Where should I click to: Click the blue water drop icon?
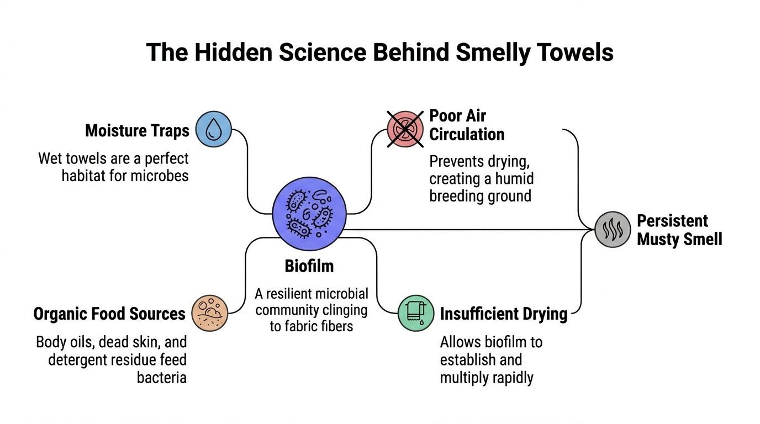pos(214,129)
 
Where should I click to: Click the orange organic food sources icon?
pos(210,313)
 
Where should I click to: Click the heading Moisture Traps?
pos(137,131)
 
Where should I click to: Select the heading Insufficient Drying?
pos(504,314)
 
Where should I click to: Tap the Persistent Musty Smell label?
pos(679,230)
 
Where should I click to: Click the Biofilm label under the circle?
pos(309,266)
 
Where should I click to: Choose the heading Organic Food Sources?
pos(109,314)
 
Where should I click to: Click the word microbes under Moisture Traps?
pos(162,176)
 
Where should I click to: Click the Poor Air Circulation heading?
pos(467,125)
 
